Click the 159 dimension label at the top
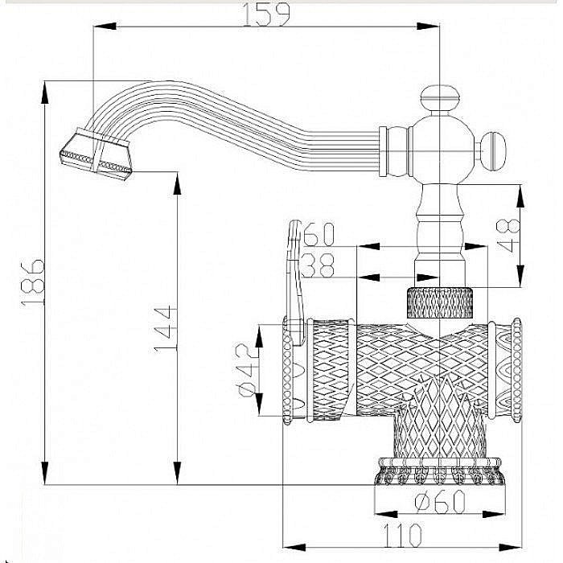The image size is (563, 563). pos(266,15)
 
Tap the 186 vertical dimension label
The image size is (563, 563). pos(32,283)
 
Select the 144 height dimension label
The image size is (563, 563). pos(164,329)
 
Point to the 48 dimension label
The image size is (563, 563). pos(508,236)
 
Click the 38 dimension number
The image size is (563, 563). pos(318,265)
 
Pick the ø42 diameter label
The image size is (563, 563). pos(247,370)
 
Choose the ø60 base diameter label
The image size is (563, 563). pos(441,502)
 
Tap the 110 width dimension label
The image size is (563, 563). pos(402,535)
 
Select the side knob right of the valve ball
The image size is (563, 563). pos(492,151)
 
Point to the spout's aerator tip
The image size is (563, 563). pos(96,154)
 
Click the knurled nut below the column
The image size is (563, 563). pos(440,302)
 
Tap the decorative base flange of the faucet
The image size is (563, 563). pos(439,471)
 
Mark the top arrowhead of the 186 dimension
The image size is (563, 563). pos(45,92)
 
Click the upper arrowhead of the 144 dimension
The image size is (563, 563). pos(177,183)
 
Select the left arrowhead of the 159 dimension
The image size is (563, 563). pos(105,27)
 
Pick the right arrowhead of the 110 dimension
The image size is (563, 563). pos(509,548)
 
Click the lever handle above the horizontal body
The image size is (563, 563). pos(295,284)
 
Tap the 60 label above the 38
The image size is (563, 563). pos(318,234)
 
